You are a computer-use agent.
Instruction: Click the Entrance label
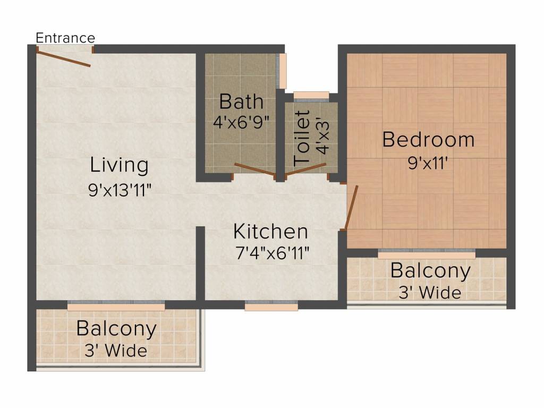click(x=65, y=38)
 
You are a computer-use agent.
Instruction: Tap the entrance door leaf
click(x=64, y=58)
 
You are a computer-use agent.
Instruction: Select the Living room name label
click(x=119, y=165)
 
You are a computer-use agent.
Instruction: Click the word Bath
click(x=241, y=101)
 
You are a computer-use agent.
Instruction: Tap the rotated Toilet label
click(x=302, y=137)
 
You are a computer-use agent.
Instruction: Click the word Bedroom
click(x=428, y=140)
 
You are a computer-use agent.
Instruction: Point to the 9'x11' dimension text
click(x=429, y=163)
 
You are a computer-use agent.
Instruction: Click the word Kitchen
click(x=270, y=232)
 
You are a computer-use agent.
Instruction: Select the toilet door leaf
click(x=305, y=169)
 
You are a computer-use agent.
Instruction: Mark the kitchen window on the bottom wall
click(x=271, y=307)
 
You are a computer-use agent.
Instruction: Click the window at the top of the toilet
click(x=311, y=96)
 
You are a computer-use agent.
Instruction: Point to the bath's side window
click(x=283, y=71)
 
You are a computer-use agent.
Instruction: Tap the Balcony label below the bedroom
click(x=430, y=271)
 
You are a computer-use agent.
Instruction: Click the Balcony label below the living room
click(x=116, y=329)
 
